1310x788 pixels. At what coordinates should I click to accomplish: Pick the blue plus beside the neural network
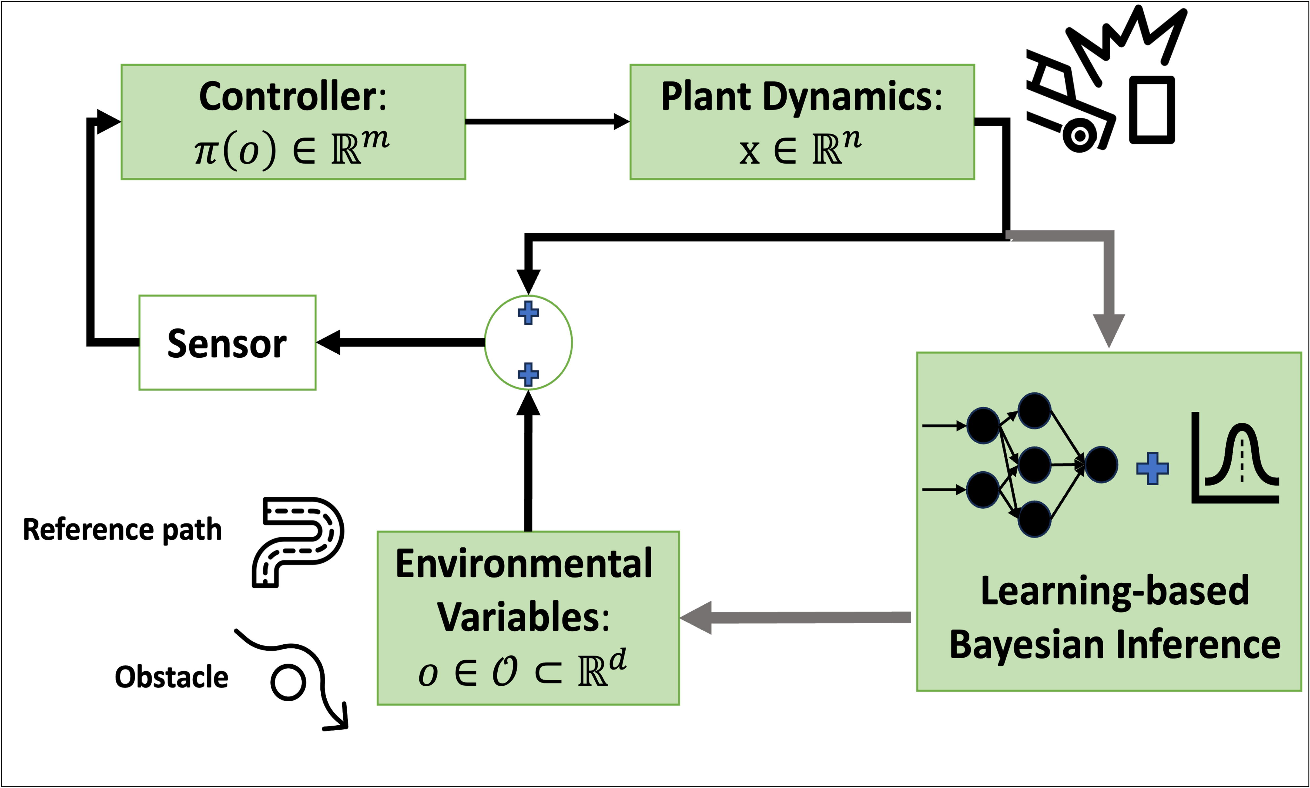[1152, 468]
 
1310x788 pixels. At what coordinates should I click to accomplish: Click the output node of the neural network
[1101, 465]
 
